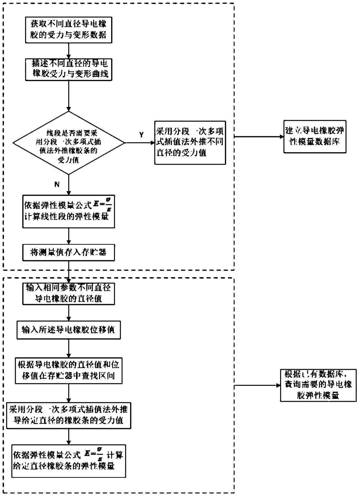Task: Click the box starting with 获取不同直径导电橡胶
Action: tap(69, 30)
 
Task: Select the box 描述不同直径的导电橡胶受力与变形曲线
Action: tap(69, 69)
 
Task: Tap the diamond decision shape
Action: tap(69, 143)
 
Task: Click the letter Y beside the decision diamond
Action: tap(141, 135)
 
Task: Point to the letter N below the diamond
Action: tap(57, 184)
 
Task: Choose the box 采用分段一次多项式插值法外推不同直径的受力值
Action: tap(190, 143)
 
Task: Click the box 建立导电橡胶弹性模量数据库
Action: tap(315, 136)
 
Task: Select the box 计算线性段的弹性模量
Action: tap(69, 211)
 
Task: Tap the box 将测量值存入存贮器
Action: tap(69, 252)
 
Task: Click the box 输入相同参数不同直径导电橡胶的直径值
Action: tap(69, 293)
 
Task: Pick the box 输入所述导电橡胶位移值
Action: tap(69, 330)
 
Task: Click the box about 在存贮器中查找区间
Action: tap(69, 370)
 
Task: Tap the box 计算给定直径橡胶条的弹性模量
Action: tap(69, 461)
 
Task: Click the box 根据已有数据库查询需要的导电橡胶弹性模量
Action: tap(318, 385)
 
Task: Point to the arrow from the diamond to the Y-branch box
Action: tap(139, 143)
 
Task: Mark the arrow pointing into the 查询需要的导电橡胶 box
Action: tap(257, 385)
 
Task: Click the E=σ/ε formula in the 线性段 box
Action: tap(102, 204)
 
